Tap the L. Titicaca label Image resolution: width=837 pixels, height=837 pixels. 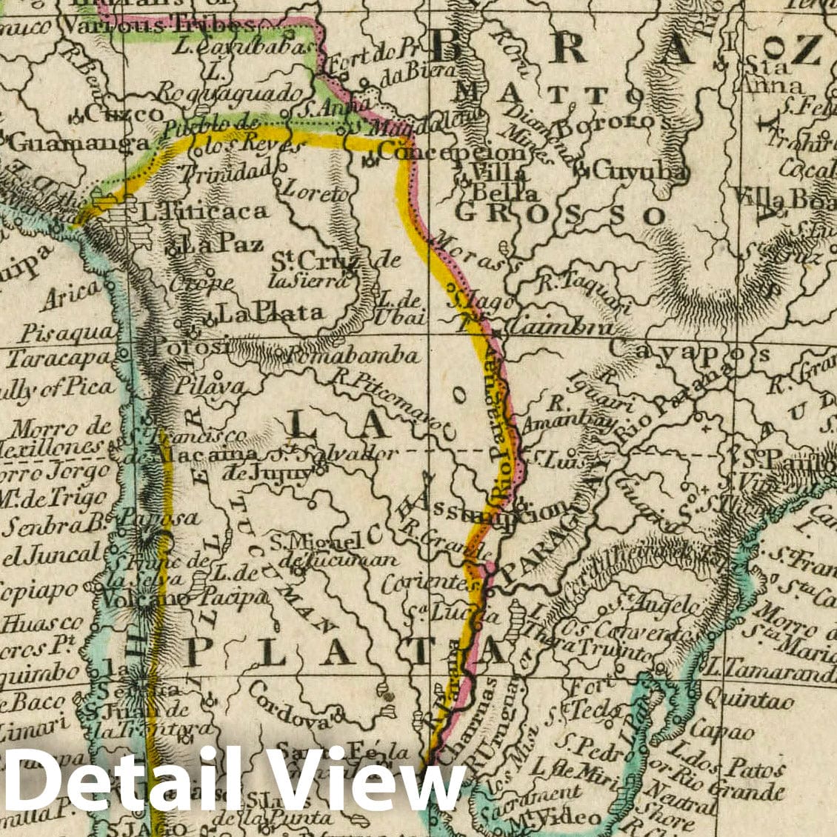[x=204, y=212]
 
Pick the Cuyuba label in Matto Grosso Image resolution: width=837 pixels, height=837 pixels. [x=641, y=172]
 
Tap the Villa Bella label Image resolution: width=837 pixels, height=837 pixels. [x=502, y=182]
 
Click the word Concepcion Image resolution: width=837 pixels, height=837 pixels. [x=452, y=153]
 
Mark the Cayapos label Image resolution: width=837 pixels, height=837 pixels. [x=689, y=353]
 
